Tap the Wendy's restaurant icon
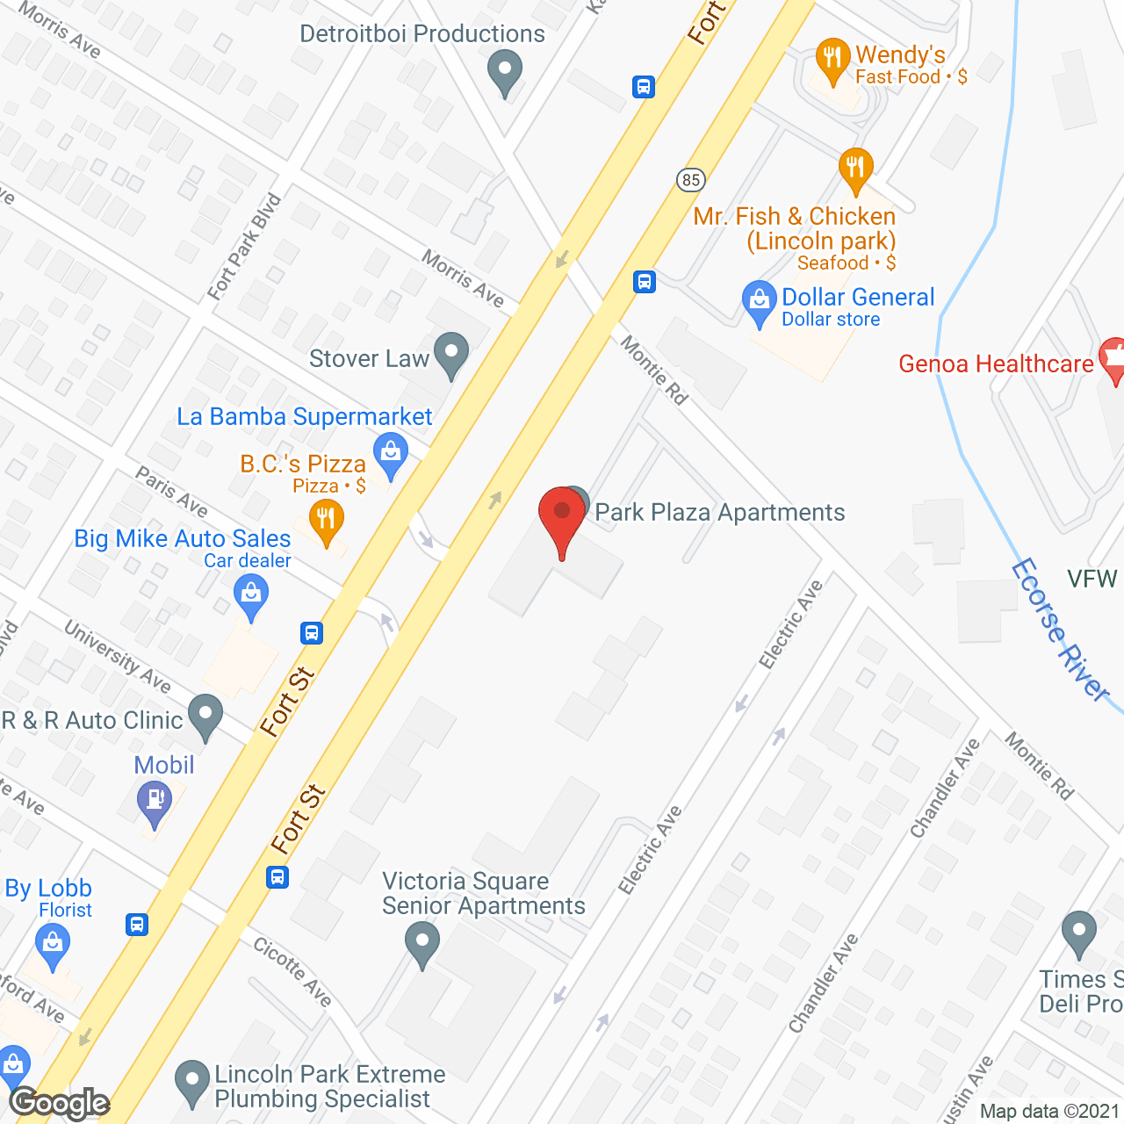point(832,60)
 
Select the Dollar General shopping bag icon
point(759,301)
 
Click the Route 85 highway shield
point(691,180)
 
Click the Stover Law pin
point(451,355)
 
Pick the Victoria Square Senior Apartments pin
point(421,944)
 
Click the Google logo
point(60,1102)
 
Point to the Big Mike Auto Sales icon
point(251,596)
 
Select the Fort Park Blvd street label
point(244,247)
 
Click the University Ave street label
point(118,656)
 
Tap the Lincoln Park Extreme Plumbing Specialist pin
point(192,1084)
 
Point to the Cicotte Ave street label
point(292,971)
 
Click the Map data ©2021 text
point(1048,1111)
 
